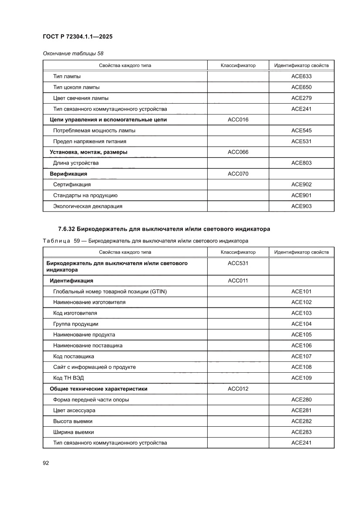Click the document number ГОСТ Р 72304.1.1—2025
[x=77, y=37]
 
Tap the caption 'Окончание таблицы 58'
[x=73, y=53]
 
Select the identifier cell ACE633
[x=301, y=77]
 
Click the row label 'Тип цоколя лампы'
[x=76, y=88]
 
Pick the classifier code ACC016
[x=238, y=120]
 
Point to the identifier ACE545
[x=301, y=131]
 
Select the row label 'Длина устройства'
[x=76, y=163]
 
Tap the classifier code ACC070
[x=238, y=174]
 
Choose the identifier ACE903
[x=301, y=206]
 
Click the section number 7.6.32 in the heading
[x=67, y=229]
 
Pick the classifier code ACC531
[x=238, y=263]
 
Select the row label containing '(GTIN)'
[x=110, y=292]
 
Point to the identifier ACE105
[x=301, y=335]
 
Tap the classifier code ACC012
[x=238, y=389]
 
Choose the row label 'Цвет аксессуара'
[x=74, y=411]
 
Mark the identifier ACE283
[x=301, y=432]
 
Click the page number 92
[x=46, y=463]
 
